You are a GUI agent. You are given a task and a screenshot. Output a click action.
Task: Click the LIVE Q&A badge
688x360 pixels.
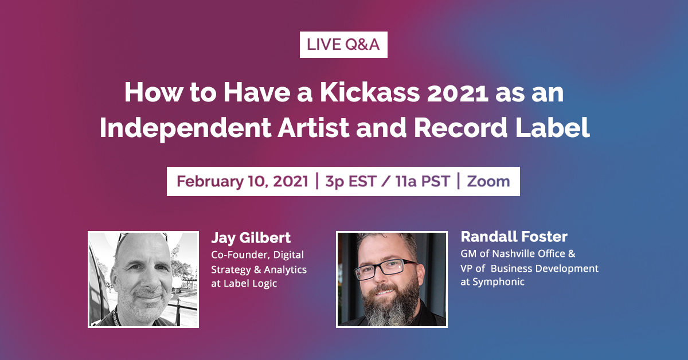(343, 45)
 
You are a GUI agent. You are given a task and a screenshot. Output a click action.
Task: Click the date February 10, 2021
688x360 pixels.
(243, 182)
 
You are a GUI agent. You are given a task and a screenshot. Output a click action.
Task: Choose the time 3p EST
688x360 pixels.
(350, 182)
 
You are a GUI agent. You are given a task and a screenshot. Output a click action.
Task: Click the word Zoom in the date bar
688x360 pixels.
(488, 182)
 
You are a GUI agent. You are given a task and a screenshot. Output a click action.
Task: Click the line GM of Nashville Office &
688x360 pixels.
(518, 253)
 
